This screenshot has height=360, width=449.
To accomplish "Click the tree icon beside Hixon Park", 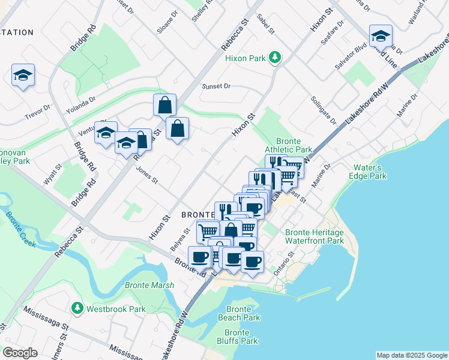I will [x=276, y=58].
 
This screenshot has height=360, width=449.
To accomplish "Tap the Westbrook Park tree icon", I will [x=77, y=308].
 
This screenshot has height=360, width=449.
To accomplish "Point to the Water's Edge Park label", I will [x=368, y=172].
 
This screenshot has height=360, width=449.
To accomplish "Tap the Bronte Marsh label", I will [x=149, y=285].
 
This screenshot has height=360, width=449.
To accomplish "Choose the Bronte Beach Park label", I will [x=238, y=313].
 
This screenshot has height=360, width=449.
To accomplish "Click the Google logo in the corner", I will [x=20, y=352].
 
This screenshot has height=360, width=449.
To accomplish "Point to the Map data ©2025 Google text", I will [x=411, y=355].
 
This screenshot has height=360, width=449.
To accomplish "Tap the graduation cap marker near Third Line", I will [x=381, y=37].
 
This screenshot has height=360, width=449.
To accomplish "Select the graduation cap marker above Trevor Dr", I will [x=23, y=76].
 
